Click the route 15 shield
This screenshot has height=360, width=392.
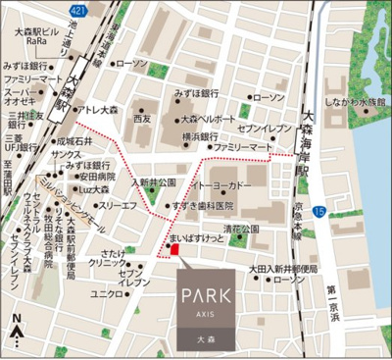pos(318,211)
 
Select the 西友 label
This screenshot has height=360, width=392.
pos(144,119)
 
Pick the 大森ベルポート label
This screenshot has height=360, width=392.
pos(208,119)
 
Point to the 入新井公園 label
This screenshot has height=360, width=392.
pos(154,182)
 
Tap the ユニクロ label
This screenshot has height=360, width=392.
pos(105,293)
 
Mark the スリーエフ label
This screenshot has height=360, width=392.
pos(118,206)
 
